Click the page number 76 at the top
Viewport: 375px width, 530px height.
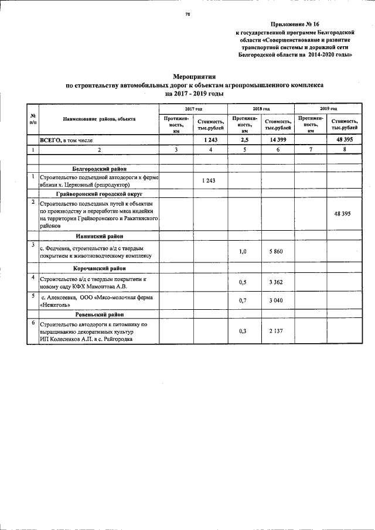point(187,13)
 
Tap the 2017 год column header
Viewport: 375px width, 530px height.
point(193,109)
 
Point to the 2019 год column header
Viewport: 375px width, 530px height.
point(328,109)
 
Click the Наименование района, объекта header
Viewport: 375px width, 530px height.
point(99,118)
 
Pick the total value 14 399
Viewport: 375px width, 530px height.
point(277,141)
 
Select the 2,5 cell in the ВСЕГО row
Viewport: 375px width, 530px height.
point(243,141)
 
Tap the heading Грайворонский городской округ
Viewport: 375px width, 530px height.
point(99,193)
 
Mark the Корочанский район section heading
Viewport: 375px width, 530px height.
point(99,268)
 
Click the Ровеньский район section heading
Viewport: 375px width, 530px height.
point(99,314)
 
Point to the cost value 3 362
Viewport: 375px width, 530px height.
point(277,282)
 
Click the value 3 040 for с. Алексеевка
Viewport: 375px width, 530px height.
point(277,300)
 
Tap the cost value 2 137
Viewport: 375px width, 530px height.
point(277,331)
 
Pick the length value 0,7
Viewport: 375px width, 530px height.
point(243,300)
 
